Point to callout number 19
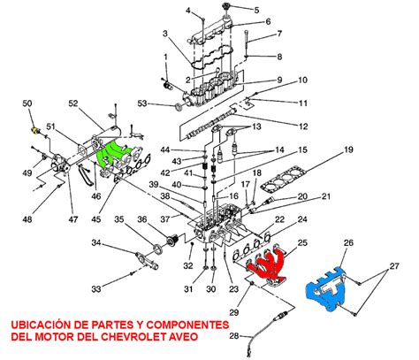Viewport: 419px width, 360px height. click(x=348, y=149)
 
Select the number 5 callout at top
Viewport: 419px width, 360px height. click(x=257, y=10)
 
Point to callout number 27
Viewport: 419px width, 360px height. click(x=395, y=265)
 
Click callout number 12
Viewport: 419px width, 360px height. click(x=303, y=126)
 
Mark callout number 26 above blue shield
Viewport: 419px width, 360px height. click(x=348, y=242)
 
